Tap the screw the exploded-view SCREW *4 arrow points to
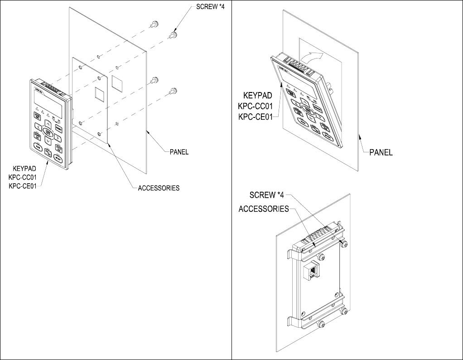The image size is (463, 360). [173, 34]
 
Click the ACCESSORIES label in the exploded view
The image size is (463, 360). [159, 188]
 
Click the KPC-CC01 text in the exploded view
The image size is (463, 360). [23, 177]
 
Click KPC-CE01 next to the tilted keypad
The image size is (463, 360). [255, 117]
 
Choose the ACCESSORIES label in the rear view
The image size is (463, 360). [264, 209]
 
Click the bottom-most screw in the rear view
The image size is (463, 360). [321, 325]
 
